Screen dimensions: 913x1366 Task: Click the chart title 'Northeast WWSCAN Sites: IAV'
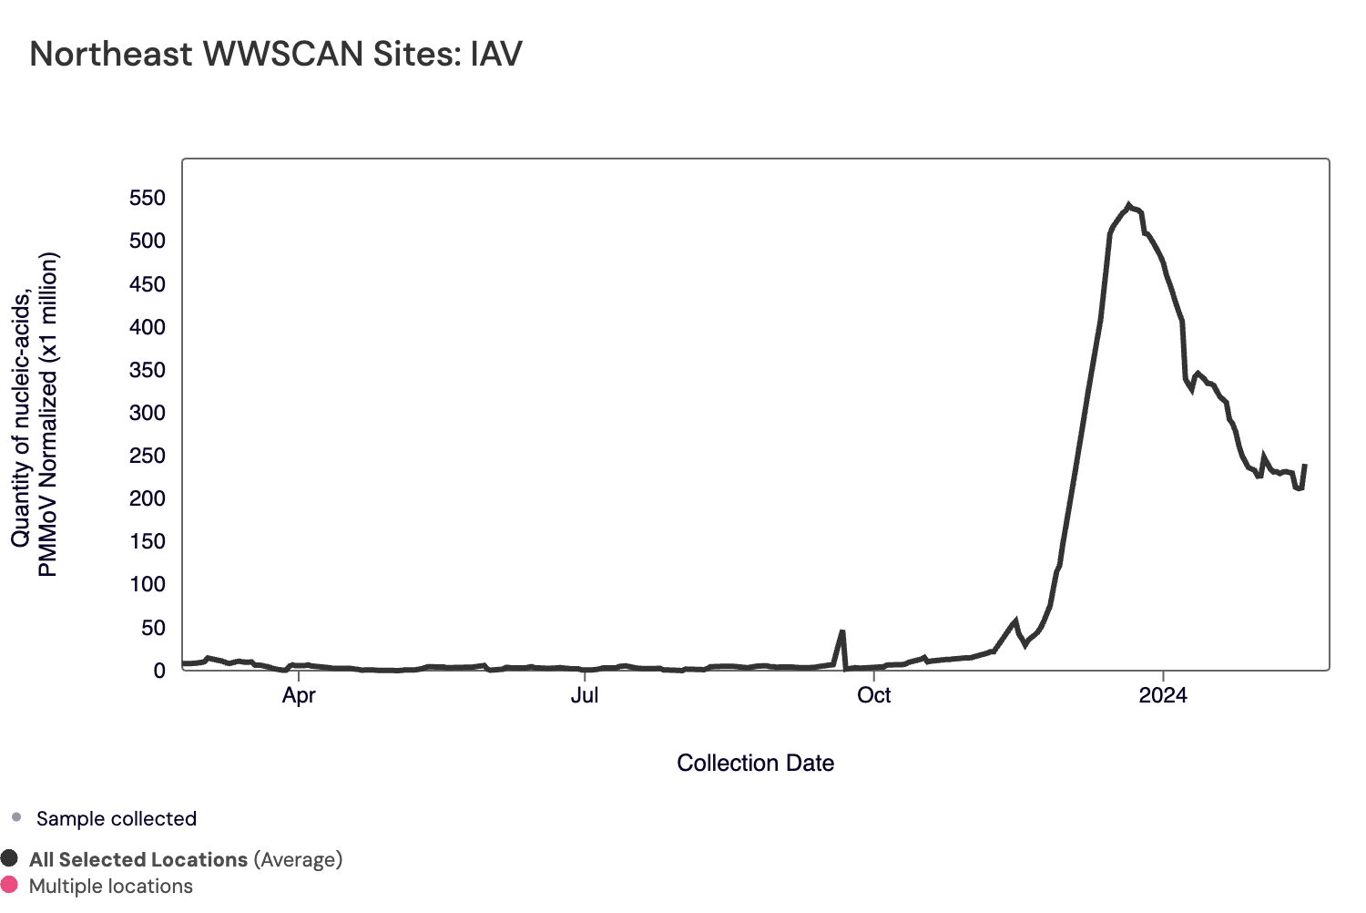(276, 55)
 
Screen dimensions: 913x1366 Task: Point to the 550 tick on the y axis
(148, 199)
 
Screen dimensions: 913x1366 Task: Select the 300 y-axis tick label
(148, 413)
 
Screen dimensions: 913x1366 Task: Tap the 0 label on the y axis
(159, 671)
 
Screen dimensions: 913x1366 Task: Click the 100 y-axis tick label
(148, 584)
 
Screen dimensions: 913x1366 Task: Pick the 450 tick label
(148, 284)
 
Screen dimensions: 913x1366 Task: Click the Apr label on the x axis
(299, 695)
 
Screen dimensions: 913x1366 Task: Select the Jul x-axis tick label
(585, 695)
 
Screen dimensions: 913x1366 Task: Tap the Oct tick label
(874, 695)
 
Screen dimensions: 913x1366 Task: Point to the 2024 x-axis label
(1163, 695)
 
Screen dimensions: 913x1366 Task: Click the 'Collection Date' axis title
(755, 764)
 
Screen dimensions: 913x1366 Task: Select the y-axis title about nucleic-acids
(35, 415)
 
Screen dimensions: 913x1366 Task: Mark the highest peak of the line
(1129, 205)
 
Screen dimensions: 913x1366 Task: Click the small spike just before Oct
(842, 631)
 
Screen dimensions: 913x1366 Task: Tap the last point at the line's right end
(1305, 466)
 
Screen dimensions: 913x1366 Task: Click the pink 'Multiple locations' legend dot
(9, 885)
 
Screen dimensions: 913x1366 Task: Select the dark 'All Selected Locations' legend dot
(9, 858)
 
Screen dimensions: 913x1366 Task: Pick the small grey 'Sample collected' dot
(16, 817)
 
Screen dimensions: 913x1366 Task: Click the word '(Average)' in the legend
(298, 859)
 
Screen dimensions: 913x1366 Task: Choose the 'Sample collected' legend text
(117, 818)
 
